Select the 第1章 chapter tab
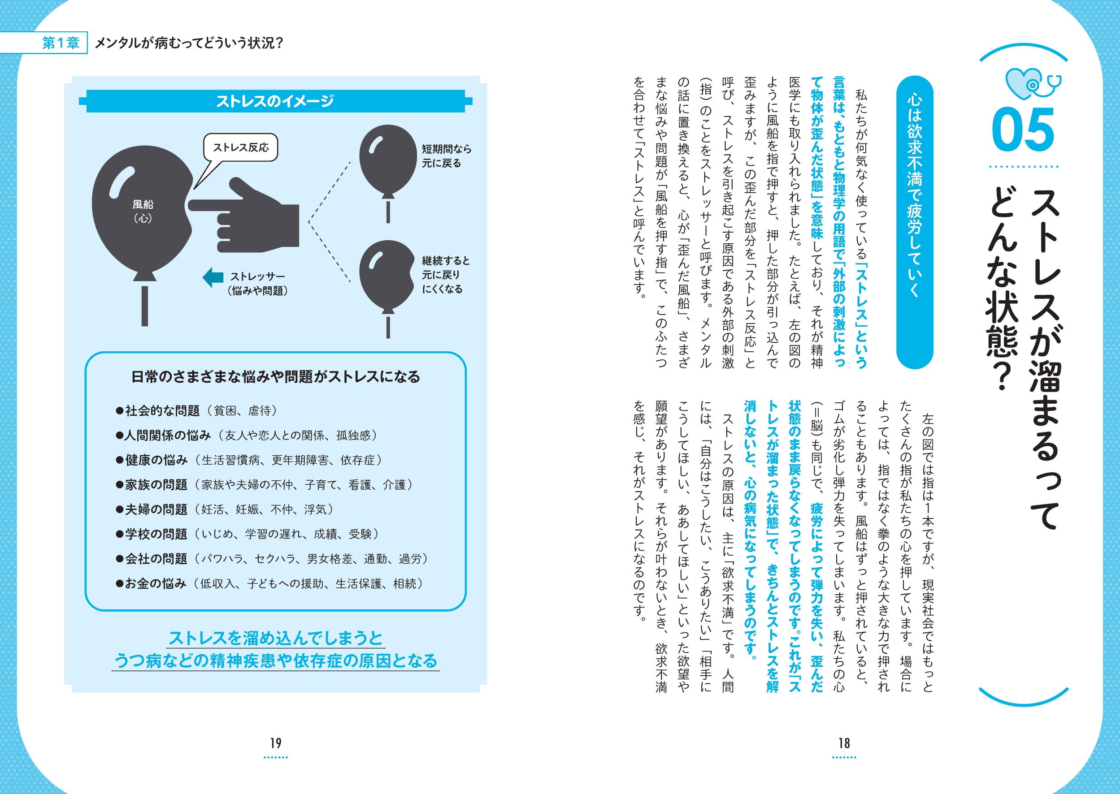pyautogui.click(x=61, y=43)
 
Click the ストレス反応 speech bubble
pyautogui.click(x=241, y=148)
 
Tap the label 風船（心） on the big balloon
pyautogui.click(x=142, y=211)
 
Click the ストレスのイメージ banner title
pyautogui.click(x=275, y=101)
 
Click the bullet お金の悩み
pyautogui.click(x=156, y=584)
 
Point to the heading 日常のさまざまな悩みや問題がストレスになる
pyautogui.click(x=276, y=376)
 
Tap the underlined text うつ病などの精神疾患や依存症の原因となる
pyautogui.click(x=275, y=661)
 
